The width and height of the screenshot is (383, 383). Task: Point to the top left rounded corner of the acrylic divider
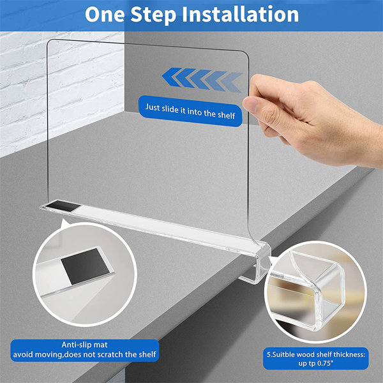(x=51, y=42)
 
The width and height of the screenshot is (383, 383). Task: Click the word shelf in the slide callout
(x=224, y=116)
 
